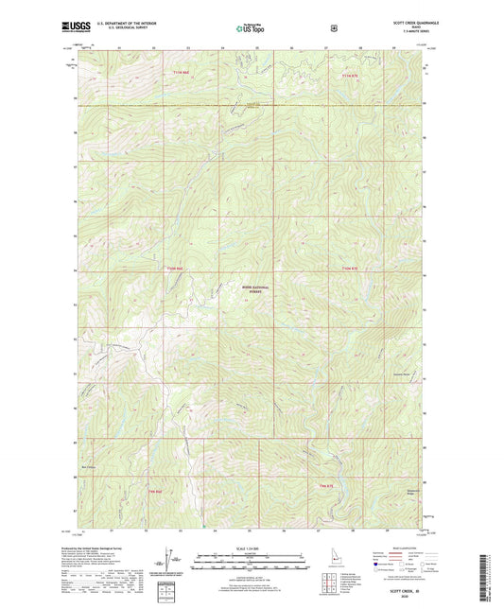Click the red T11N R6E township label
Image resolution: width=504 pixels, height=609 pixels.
181,73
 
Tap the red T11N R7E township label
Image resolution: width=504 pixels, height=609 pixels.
350,73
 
